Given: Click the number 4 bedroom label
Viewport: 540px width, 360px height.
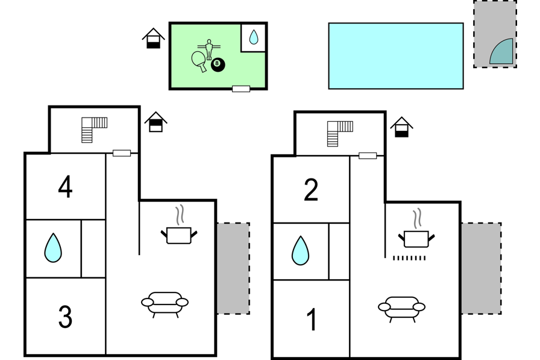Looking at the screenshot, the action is pyautogui.click(x=65, y=187).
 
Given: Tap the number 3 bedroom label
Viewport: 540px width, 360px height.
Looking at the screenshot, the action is pyautogui.click(x=65, y=317).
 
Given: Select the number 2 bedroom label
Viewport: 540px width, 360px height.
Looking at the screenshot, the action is pyautogui.click(x=310, y=190).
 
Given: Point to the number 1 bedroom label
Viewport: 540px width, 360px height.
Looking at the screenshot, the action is pyautogui.click(x=312, y=320).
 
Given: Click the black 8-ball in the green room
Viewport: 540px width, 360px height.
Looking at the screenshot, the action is pyautogui.click(x=218, y=65).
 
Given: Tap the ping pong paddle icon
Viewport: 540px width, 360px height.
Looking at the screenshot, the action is pyautogui.click(x=199, y=61).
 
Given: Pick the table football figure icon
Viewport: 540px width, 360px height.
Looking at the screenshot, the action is pyautogui.click(x=209, y=49).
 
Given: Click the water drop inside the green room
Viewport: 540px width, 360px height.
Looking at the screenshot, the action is pyautogui.click(x=254, y=37).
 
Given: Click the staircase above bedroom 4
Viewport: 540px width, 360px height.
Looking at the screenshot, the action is pyautogui.click(x=94, y=130).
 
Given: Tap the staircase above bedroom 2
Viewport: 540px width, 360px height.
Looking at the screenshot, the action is pyautogui.click(x=340, y=134).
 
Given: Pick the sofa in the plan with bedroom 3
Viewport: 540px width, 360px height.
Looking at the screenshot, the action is pyautogui.click(x=165, y=304).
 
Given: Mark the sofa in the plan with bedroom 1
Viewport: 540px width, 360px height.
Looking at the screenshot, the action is pyautogui.click(x=401, y=308).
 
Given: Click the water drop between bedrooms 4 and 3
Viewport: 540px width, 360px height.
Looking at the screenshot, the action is pyautogui.click(x=53, y=248).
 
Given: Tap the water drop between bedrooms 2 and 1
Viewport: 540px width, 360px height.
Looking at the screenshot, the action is pyautogui.click(x=300, y=251).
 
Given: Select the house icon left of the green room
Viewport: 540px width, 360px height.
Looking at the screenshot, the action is pyautogui.click(x=153, y=38).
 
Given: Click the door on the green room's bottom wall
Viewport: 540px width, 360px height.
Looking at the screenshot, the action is pyautogui.click(x=241, y=89).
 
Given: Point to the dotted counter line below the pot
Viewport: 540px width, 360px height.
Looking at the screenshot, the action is pyautogui.click(x=409, y=258).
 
